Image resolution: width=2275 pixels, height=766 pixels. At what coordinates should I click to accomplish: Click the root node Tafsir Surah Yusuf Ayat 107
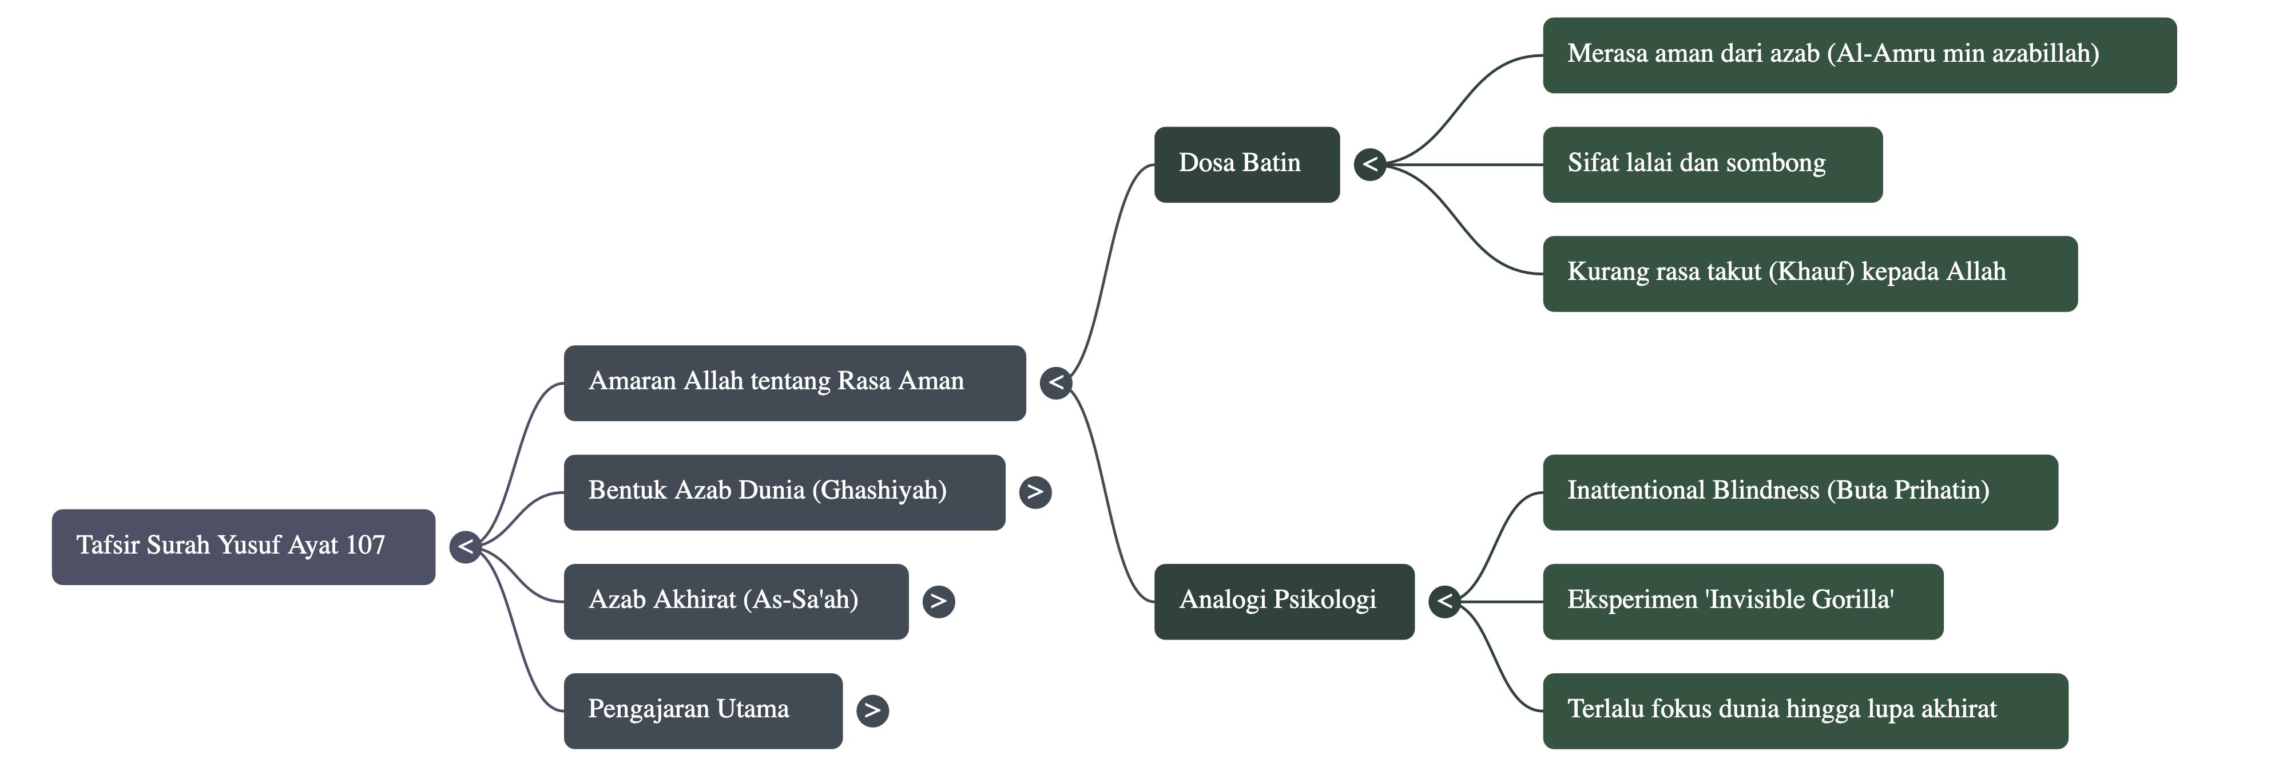243,546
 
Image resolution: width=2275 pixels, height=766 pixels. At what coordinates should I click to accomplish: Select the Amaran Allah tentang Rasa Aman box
794,382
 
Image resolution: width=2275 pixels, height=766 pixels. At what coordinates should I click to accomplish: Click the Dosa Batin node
1246,164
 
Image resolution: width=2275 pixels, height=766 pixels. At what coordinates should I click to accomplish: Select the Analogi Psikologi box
1283,601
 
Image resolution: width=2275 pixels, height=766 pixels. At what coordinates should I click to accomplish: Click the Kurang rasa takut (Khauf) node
1809,273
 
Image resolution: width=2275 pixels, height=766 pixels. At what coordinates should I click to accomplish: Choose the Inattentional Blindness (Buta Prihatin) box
1799,492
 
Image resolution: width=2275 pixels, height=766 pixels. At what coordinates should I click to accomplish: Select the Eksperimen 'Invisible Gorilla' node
1742,601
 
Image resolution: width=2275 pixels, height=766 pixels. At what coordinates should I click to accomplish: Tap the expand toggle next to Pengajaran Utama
872,710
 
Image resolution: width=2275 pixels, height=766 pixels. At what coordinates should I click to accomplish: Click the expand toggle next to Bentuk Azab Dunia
1035,492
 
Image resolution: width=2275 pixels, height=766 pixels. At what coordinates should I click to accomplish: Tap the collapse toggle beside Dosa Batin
1370,164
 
